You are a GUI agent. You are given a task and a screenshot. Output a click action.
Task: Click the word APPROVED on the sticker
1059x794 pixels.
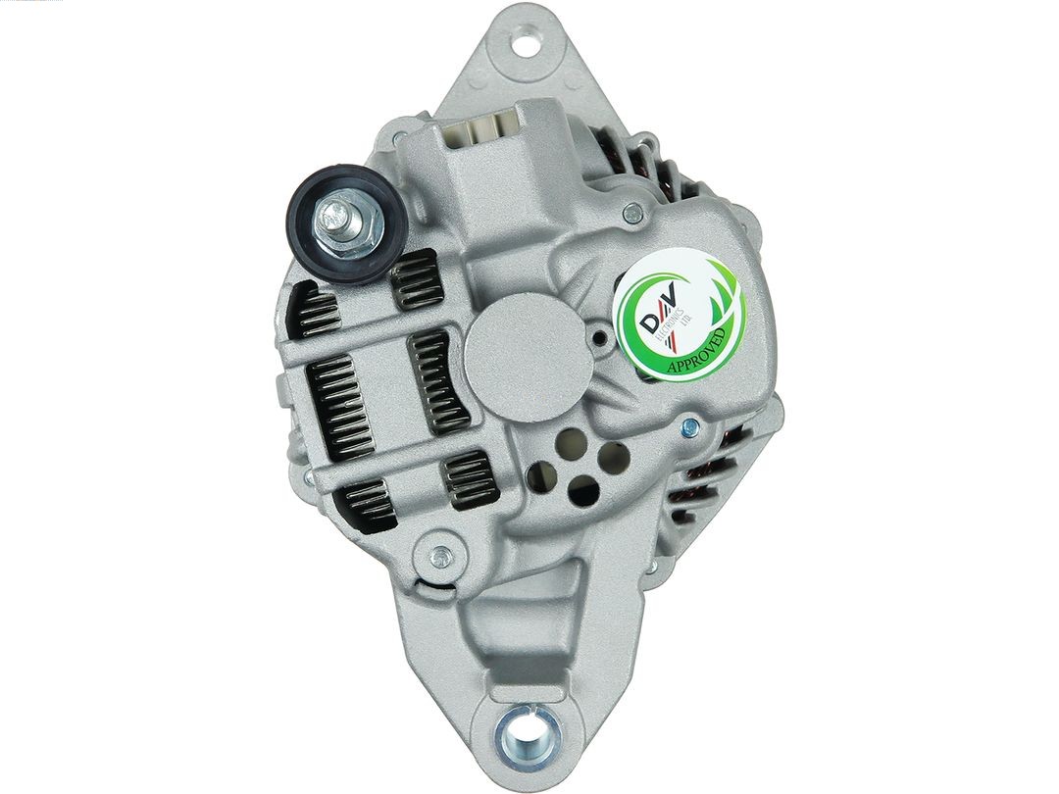pos(697,351)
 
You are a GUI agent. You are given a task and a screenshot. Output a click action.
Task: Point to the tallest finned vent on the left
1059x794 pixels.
pos(332,406)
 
